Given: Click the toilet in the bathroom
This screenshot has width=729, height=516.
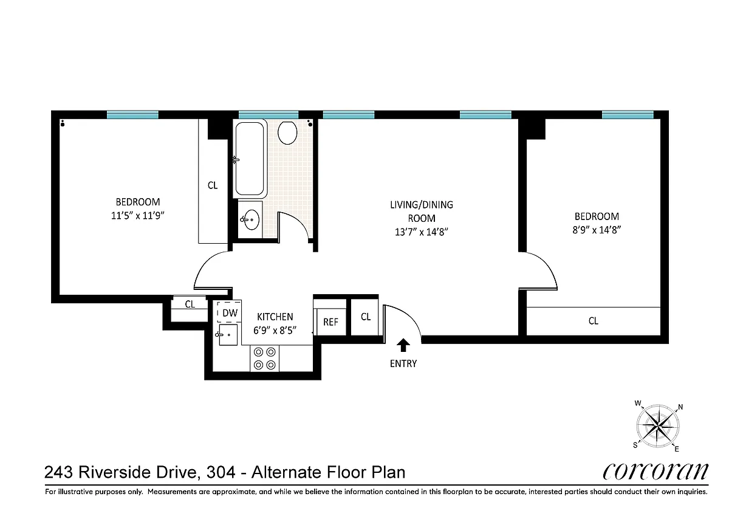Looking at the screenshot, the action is coord(287,133).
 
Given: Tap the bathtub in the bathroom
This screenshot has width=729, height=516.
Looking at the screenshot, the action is coord(250,159).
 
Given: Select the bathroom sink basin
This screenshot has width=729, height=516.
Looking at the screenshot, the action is coord(252,219).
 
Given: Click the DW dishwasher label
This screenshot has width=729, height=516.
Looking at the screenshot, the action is coord(230,313).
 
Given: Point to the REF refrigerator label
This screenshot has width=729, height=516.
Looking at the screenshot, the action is coord(330,322).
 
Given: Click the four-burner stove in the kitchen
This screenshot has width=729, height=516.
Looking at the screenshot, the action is coord(265,359).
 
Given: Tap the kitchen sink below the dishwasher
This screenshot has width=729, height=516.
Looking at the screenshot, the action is coord(228,335).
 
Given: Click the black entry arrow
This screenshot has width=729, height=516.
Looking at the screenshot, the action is coord(403,345).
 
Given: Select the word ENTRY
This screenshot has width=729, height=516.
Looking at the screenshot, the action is coord(403,363).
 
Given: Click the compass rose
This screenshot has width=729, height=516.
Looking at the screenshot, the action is coord(658,426).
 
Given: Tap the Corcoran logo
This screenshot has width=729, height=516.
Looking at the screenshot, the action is coord(655,472).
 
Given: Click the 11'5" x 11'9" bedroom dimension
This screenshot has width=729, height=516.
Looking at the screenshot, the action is coord(138,216).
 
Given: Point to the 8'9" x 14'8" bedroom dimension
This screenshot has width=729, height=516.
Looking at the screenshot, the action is coord(597,230).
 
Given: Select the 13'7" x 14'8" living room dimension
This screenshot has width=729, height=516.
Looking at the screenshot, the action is coord(422,232).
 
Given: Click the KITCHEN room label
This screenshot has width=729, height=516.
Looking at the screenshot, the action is coord(275,317).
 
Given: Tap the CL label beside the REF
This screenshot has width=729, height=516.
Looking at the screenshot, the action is coord(366,317).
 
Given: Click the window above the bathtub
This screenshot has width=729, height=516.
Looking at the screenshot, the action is coord(269,115).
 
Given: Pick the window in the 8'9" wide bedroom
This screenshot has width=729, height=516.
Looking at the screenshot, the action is coord(628,115).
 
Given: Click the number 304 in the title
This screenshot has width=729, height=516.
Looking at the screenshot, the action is coord(221,472).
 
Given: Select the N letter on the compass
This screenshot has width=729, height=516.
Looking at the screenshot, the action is coord(680,407).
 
